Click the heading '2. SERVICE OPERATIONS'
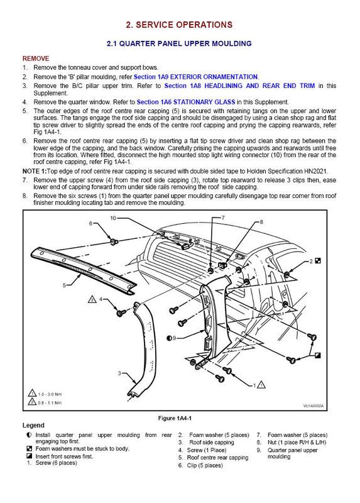tap(179, 25)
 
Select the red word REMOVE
tap(36, 58)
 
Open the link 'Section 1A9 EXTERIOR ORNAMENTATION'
tap(195, 77)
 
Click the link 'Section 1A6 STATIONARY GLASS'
tap(186, 102)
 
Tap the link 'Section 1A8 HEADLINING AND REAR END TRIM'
tap(239, 86)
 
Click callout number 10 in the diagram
tap(113, 218)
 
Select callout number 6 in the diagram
tap(90, 223)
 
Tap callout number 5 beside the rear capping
tap(64, 285)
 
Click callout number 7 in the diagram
tap(224, 218)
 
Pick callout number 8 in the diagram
tap(261, 222)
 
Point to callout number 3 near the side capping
tap(119, 373)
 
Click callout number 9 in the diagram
tap(175, 338)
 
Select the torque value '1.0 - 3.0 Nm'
tap(50, 394)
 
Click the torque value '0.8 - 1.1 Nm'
tap(50, 402)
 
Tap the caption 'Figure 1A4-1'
tap(175, 418)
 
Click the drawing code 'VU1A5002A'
tap(314, 406)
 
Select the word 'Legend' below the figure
tap(33, 426)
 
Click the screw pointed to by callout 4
tap(121, 312)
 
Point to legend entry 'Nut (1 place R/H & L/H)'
tap(297, 443)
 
